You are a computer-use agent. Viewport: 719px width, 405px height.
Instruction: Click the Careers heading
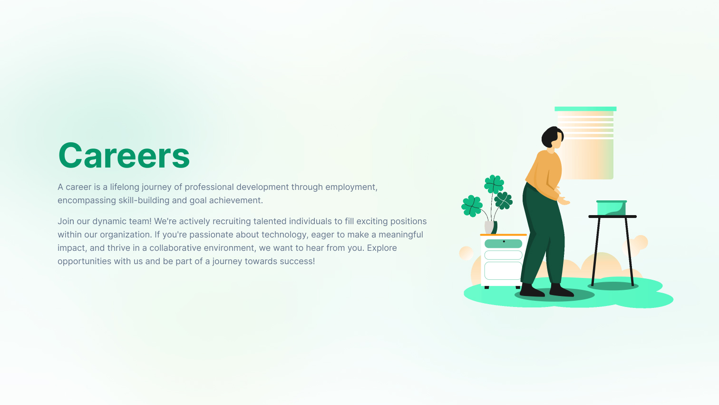coord(124,156)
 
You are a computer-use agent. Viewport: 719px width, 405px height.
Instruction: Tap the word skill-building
coord(144,200)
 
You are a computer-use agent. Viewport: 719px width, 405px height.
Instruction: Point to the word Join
coord(66,221)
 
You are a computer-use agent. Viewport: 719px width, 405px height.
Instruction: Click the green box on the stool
coord(611,208)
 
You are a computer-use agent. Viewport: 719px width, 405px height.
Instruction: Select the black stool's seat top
coord(612,217)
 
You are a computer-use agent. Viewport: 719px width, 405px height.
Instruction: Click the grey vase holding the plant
coord(489,227)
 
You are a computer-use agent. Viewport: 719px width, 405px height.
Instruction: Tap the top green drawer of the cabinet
coord(503,244)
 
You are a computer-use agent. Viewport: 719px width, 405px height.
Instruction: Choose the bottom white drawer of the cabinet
coord(503,271)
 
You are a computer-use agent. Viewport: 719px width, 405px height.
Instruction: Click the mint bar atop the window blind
coord(585,109)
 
